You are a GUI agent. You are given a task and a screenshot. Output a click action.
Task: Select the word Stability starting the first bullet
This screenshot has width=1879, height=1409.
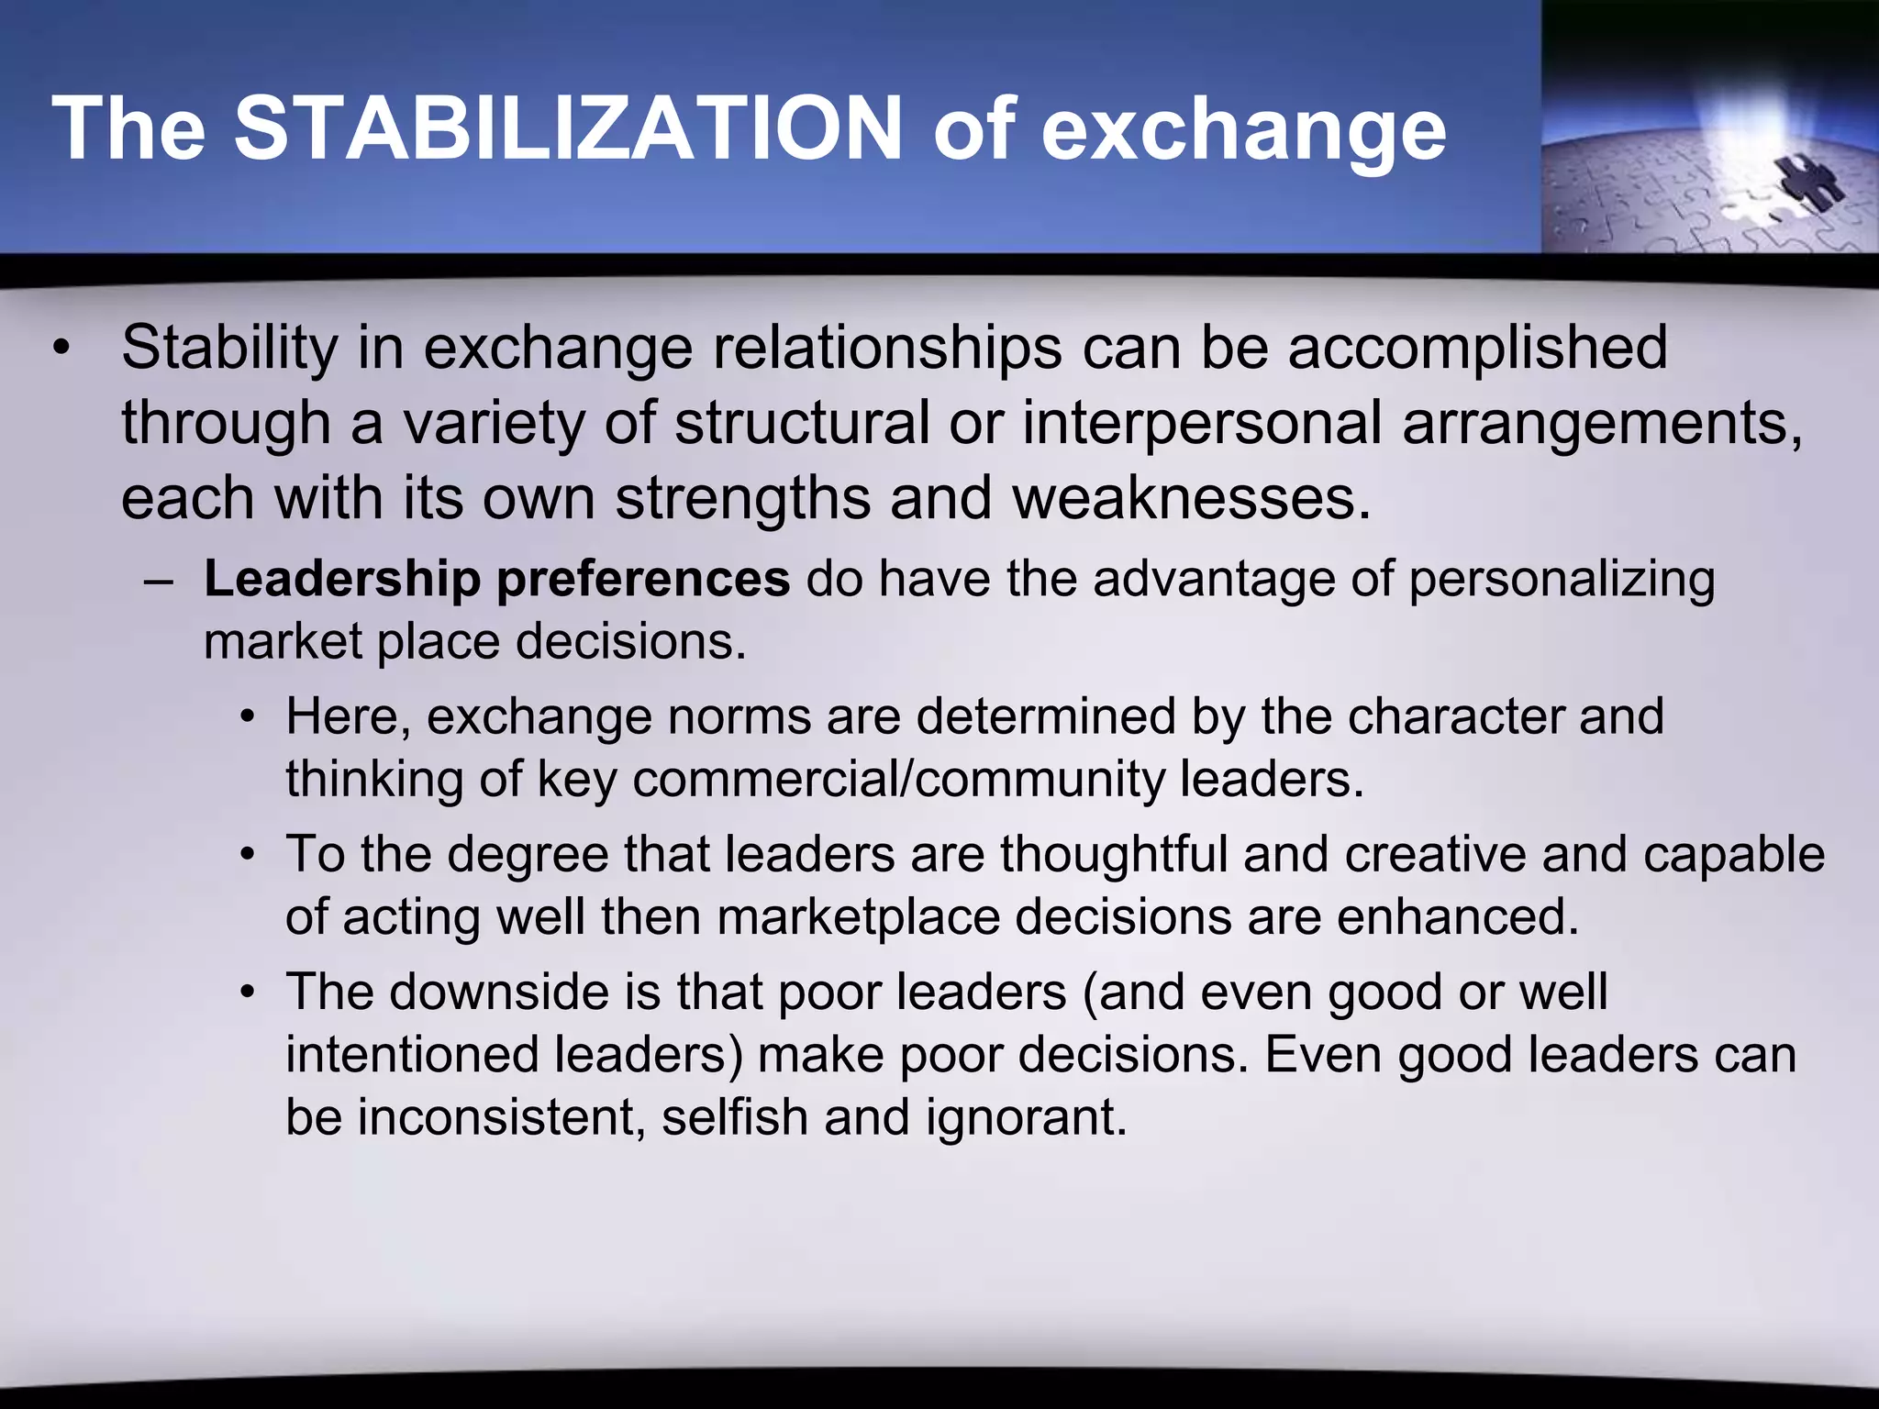tap(229, 349)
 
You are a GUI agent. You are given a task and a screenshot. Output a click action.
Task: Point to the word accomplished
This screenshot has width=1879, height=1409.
tap(1477, 349)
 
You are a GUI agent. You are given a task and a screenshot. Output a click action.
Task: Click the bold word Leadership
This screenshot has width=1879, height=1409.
tap(342, 580)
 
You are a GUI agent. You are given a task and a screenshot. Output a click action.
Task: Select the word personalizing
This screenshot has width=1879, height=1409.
tap(1561, 580)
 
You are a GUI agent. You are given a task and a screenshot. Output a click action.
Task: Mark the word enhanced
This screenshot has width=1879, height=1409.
tap(1458, 917)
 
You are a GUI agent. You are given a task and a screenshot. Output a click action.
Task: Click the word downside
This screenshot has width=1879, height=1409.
tap(499, 993)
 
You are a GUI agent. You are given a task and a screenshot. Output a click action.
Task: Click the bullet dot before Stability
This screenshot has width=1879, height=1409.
tap(61, 349)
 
